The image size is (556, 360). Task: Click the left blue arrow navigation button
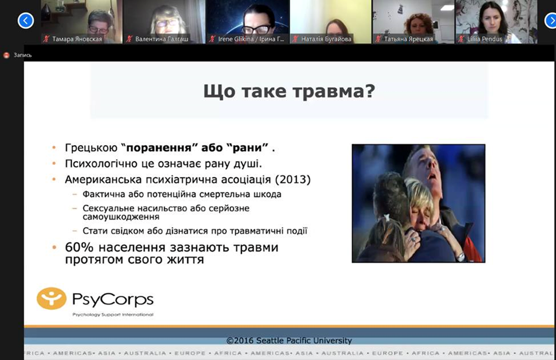click(25, 20)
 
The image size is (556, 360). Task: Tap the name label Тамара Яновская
click(77, 39)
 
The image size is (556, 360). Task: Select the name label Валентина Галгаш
click(162, 39)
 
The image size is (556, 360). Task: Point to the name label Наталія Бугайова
click(326, 39)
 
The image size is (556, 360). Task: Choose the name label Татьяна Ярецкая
click(409, 39)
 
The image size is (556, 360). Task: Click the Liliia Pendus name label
click(485, 39)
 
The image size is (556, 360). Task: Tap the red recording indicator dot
click(6, 55)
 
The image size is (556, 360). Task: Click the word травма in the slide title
click(334, 91)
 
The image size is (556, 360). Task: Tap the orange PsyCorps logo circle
click(52, 299)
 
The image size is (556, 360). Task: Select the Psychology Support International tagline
click(113, 315)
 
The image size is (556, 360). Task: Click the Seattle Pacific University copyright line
click(289, 341)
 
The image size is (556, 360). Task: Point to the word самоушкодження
click(121, 217)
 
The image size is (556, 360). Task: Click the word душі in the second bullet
click(250, 164)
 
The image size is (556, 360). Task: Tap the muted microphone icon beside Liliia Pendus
click(461, 39)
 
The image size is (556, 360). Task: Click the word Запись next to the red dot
click(23, 55)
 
